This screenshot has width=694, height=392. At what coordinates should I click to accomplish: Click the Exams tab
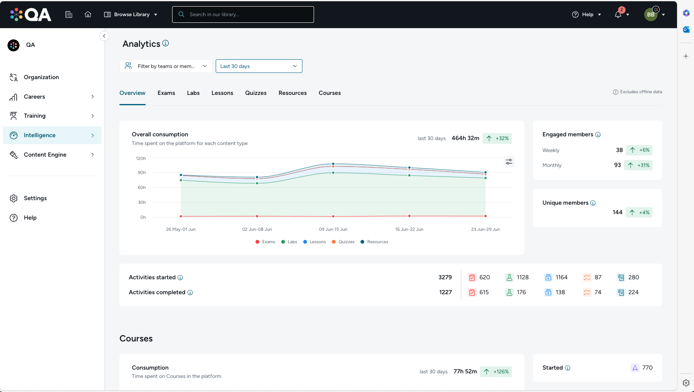pos(166,93)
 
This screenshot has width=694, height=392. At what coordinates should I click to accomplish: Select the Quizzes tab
pos(256,93)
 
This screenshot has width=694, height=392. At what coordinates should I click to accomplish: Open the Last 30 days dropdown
pos(259,66)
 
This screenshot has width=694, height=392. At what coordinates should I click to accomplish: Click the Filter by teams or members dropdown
pos(166,66)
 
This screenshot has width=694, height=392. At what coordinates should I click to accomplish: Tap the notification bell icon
pos(618,15)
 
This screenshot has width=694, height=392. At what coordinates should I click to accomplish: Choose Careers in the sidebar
pos(34,97)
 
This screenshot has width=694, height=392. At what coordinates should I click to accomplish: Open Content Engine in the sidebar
pos(45,155)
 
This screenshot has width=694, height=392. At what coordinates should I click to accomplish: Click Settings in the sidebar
pos(35,198)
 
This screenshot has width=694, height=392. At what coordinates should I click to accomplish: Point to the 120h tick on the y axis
pos(141,158)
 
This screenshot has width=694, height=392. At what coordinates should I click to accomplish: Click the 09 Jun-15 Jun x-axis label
pos(333,229)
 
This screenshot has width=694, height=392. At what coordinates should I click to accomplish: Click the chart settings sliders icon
pos(509,162)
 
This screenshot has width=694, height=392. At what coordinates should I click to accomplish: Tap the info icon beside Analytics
pos(166,43)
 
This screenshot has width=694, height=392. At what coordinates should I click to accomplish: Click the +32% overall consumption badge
pos(497,138)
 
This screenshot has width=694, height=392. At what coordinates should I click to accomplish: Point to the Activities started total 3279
pos(445,277)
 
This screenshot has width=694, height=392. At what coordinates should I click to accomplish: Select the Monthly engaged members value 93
pos(617,165)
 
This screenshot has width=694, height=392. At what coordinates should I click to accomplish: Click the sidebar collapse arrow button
pos(104,36)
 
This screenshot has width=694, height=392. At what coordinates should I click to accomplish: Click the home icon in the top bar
pos(88,15)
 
